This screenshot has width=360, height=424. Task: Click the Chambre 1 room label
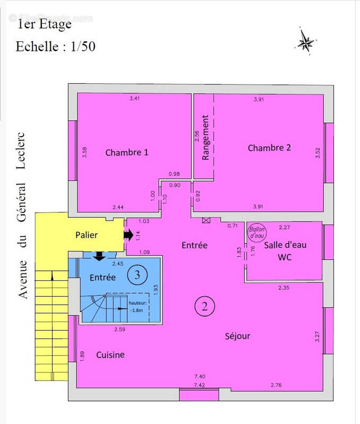coord(127,153)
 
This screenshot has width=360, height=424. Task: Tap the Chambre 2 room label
coord(269,148)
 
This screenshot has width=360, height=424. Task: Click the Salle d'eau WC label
coord(285,251)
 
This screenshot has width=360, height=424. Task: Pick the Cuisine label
coord(110,355)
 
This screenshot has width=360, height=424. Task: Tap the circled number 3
coord(138,275)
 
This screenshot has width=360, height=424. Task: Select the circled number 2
coord(204,305)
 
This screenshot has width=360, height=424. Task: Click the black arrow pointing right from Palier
coord(128,234)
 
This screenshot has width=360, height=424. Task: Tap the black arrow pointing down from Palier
coord(99,257)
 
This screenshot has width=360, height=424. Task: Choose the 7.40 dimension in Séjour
coord(200,376)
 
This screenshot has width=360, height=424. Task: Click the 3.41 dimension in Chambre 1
coord(135,99)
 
